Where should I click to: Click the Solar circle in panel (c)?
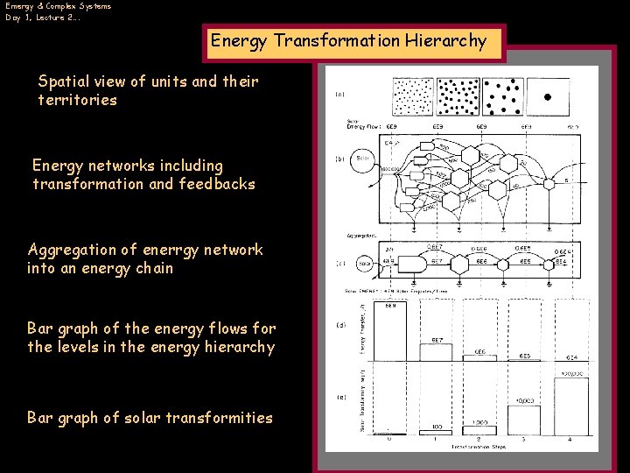pos(365,262)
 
